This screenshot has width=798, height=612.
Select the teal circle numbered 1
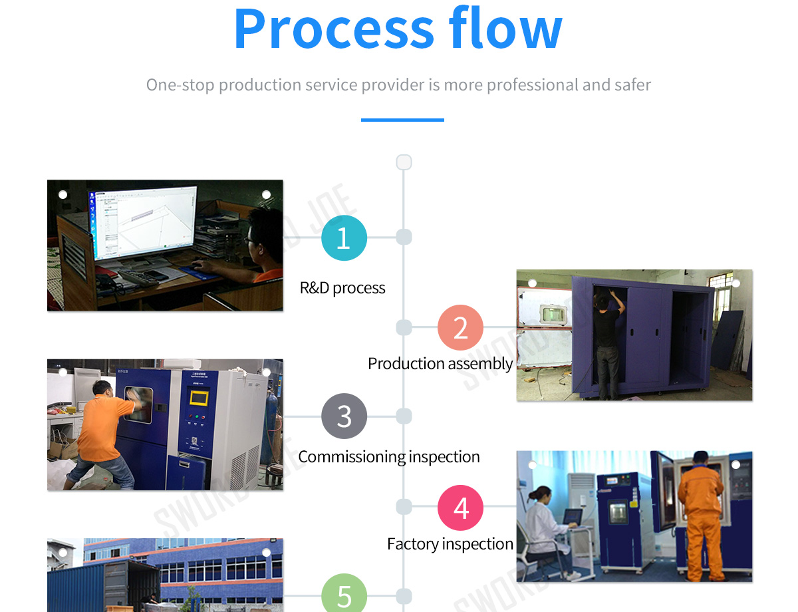pyautogui.click(x=344, y=237)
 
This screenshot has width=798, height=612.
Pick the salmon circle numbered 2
pyautogui.click(x=460, y=327)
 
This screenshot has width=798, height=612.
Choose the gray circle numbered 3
pyautogui.click(x=344, y=416)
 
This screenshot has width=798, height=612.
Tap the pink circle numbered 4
pyautogui.click(x=460, y=508)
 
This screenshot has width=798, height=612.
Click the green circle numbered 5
pyautogui.click(x=344, y=595)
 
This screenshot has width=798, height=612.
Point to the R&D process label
pyautogui.click(x=342, y=288)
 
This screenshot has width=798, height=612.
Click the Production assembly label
pyautogui.click(x=440, y=364)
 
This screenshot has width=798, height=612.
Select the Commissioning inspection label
pyautogui.click(x=389, y=457)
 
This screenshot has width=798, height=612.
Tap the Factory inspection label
pyautogui.click(x=450, y=544)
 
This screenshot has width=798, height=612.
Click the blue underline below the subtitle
pyautogui.click(x=402, y=120)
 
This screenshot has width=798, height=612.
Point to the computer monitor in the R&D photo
pyautogui.click(x=143, y=223)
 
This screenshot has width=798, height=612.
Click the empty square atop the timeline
pyautogui.click(x=404, y=162)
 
